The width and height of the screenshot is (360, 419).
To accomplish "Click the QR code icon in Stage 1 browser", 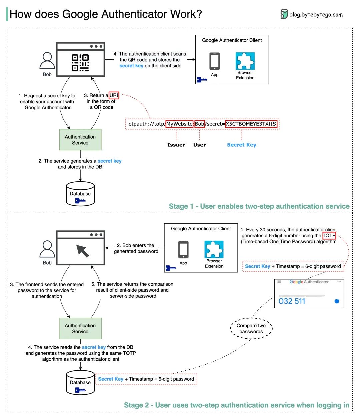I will click(80, 63).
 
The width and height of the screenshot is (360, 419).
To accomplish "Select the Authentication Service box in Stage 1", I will click(80, 140).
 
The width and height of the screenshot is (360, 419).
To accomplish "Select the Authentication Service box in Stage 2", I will click(80, 328).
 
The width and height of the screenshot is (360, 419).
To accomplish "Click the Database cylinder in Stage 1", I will click(80, 194).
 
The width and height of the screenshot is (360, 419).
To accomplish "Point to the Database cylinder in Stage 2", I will click(80, 383).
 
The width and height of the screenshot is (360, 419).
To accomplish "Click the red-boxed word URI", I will click(114, 95).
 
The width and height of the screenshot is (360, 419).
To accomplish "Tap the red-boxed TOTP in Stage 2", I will click(329, 236).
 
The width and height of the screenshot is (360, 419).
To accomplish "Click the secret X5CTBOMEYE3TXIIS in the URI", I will click(251, 124).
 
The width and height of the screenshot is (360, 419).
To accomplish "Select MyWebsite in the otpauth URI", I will click(179, 124).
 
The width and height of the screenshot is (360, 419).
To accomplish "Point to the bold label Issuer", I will click(176, 145).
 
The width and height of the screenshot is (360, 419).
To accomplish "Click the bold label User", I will click(199, 145).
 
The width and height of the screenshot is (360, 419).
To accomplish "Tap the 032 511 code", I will click(292, 301).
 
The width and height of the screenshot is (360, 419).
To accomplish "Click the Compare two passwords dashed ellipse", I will click(251, 328).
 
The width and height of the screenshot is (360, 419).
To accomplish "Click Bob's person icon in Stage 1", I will click(47, 61).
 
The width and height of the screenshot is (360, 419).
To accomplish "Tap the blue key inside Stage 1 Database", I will click(80, 201).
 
